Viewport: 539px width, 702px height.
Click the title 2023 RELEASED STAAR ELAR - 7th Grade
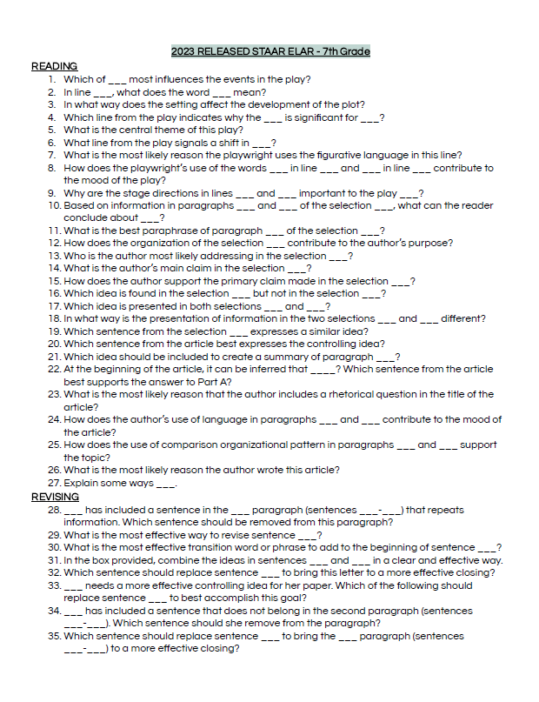coord(270,51)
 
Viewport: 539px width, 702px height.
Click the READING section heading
coord(54,66)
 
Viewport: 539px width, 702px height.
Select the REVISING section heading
coord(55,497)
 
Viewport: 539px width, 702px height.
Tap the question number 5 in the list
coord(52,130)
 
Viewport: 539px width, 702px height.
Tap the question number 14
coord(54,269)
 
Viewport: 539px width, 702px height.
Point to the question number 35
coord(54,636)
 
